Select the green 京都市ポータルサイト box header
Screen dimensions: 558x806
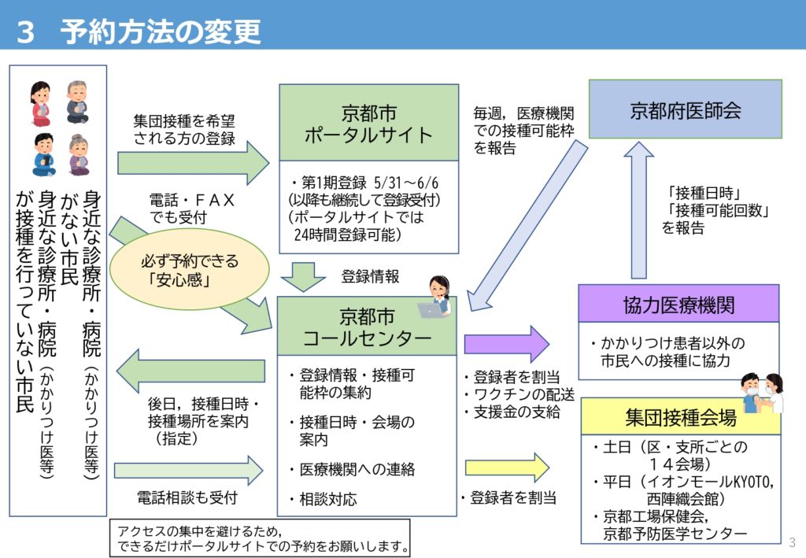coord(368,123)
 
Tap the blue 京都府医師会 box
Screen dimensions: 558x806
coord(685,110)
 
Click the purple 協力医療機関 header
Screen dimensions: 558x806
coord(678,304)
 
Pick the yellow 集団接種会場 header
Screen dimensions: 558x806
coord(680,416)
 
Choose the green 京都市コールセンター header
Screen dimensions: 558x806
coord(367,327)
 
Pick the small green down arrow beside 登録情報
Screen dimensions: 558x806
coord(303,276)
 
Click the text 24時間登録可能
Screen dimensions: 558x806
coord(347,235)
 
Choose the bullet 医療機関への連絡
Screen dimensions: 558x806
coord(352,469)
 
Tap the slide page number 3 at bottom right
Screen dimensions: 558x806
coord(792,541)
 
